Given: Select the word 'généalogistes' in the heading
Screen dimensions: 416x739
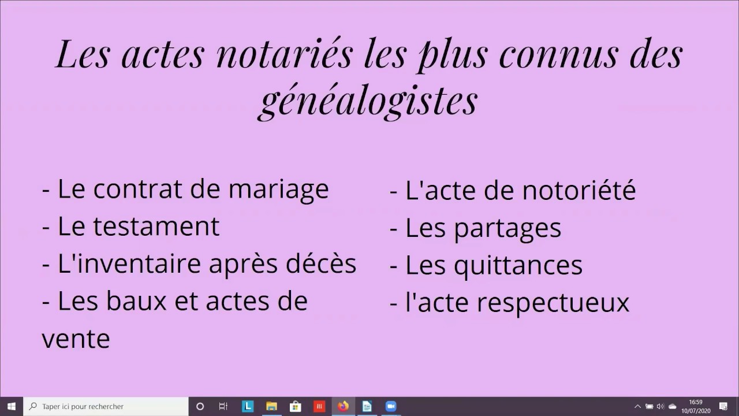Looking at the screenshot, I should click(368, 99).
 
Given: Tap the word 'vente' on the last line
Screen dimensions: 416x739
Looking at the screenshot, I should click(76, 339).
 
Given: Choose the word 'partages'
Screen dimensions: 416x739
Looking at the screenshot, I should click(507, 228).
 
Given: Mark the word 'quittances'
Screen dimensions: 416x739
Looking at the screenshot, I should click(518, 265).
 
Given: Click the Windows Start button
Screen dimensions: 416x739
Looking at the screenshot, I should click(11, 406).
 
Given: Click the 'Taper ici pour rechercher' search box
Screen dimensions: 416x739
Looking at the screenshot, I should click(107, 406).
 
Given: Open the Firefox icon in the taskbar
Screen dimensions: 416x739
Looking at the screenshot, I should click(343, 406).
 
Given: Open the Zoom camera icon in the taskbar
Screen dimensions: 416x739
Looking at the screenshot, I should click(391, 406).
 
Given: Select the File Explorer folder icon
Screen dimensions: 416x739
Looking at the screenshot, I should click(271, 406).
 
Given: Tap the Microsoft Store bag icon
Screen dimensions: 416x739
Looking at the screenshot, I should click(295, 406).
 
